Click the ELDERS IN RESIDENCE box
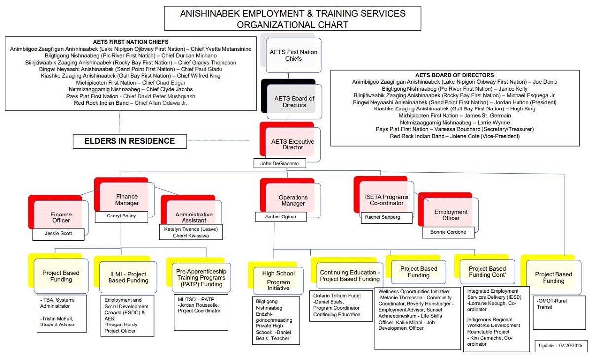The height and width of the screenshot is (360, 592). click(130, 141)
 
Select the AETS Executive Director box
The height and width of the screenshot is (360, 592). click(293, 144)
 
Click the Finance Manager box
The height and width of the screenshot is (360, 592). click(127, 199)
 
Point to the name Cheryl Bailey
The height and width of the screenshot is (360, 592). click(121, 216)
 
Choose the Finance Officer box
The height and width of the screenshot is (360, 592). click(61, 217)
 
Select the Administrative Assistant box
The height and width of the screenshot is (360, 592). click(194, 217)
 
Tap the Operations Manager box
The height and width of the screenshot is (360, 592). click(293, 200)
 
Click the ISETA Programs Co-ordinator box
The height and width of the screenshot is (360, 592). click(383, 199)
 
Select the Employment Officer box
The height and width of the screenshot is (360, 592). click(450, 215)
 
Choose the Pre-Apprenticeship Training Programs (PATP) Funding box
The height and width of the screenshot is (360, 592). click(201, 278)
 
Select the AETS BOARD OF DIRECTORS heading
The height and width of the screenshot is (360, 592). click(454, 75)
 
